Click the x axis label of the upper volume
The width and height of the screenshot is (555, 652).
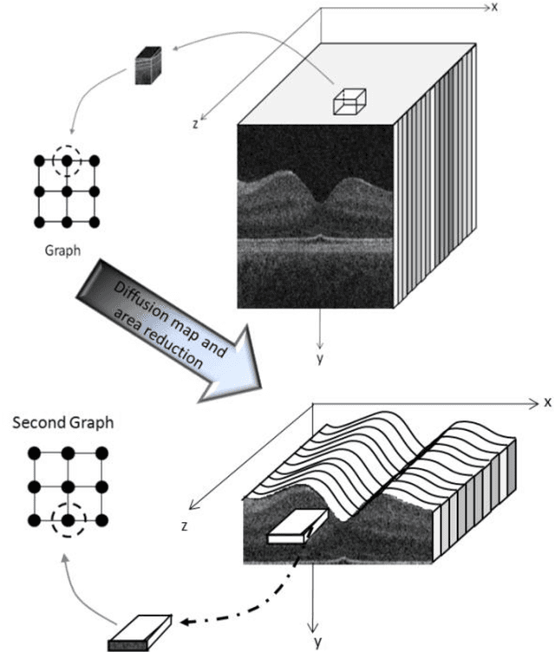[x=493, y=7]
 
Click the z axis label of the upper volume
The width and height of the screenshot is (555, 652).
[x=197, y=124]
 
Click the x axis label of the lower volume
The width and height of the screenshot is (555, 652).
[x=547, y=402]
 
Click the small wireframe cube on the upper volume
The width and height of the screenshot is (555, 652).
[x=350, y=101]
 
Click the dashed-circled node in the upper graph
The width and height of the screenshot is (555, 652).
[x=67, y=161]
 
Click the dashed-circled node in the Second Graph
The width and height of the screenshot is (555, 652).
[x=67, y=520]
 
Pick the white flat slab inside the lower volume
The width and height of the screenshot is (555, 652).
[x=291, y=526]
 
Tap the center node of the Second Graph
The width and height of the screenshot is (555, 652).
[x=67, y=486]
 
